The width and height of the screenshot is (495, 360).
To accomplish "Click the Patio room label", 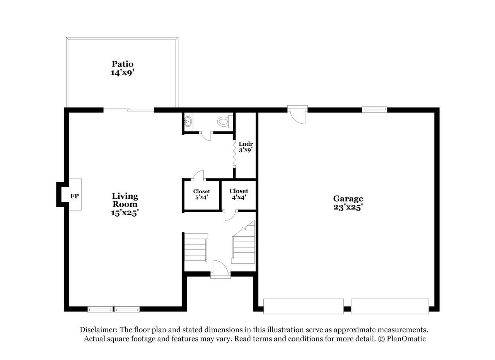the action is (x=123, y=64).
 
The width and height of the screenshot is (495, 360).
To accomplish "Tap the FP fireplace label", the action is (x=75, y=196).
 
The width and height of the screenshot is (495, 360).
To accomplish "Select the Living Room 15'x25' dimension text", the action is (x=125, y=213).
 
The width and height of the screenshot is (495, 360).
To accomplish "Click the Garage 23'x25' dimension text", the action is (x=348, y=207).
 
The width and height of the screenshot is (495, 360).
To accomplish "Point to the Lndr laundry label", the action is (x=246, y=144).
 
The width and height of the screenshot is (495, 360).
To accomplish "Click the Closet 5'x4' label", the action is (x=201, y=194).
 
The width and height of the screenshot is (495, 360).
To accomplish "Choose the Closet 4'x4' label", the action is (x=239, y=194).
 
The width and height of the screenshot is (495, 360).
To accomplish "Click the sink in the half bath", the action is (x=188, y=121).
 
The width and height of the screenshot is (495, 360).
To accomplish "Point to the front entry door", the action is (x=220, y=269).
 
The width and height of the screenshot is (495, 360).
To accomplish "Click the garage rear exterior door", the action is (x=297, y=115).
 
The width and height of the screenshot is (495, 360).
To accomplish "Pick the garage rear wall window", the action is (x=375, y=109).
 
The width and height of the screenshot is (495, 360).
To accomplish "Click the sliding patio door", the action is (x=129, y=109).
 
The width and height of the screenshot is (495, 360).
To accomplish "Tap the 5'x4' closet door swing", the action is (x=198, y=176).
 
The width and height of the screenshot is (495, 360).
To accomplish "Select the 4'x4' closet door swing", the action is (x=230, y=215).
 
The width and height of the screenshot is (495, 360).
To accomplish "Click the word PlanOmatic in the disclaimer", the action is (x=406, y=339).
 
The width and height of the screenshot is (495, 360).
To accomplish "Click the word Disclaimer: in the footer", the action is (x=99, y=330).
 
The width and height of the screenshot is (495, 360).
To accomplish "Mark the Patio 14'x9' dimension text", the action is (x=123, y=72).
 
